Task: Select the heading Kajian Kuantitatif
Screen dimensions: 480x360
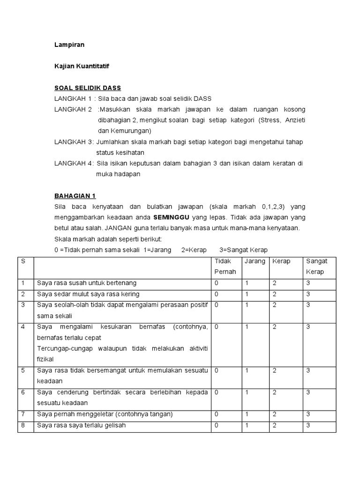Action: [81, 67]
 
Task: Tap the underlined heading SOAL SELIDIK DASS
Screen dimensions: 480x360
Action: [88, 88]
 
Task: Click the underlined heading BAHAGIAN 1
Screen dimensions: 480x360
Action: [75, 196]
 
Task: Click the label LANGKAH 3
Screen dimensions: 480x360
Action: [73, 142]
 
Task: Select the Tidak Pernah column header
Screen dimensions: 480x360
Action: [225, 266]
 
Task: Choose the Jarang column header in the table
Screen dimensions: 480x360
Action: [255, 261]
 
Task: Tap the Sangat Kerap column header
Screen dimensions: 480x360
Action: [317, 266]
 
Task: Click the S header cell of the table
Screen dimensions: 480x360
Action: [23, 261]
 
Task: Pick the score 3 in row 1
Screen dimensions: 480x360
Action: [308, 283]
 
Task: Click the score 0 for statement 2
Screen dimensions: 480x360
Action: [217, 294]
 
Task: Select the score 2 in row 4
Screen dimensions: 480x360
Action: [275, 327]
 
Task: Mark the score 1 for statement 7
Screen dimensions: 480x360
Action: [247, 414]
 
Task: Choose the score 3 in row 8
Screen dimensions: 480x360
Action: [308, 426]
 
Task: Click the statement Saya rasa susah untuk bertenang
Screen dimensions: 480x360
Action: [87, 283]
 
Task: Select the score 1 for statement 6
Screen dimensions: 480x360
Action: [247, 392]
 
